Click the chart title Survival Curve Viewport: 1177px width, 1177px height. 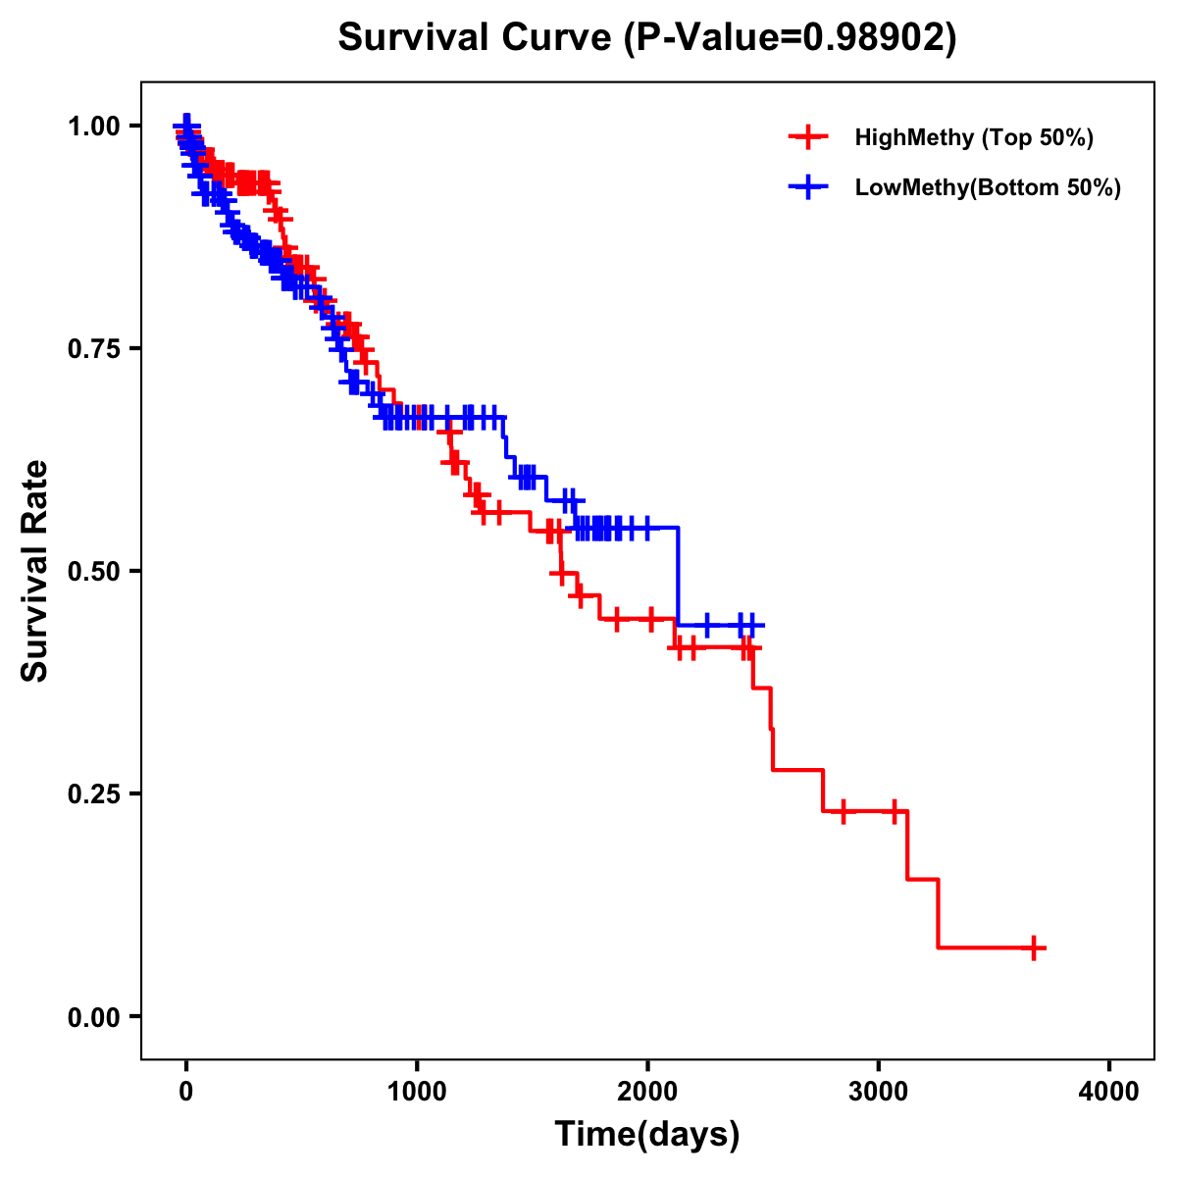point(476,37)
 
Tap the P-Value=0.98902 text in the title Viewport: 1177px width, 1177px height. point(792,37)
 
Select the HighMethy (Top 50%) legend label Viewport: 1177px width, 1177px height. point(973,137)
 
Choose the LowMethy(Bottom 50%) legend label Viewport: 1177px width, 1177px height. point(987,187)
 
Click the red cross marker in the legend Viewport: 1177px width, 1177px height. point(806,137)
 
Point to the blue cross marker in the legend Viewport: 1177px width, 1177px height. point(806,187)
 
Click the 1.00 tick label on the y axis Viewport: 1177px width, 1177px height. point(94,126)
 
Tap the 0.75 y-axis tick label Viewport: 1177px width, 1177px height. point(94,348)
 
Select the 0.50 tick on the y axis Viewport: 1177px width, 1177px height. point(94,571)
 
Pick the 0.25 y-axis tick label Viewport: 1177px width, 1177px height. point(94,793)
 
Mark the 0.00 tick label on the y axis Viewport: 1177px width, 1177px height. point(94,1016)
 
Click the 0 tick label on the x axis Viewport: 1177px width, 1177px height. point(186,1092)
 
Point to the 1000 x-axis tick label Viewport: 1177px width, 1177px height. point(417,1092)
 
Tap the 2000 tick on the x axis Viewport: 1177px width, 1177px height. point(647,1092)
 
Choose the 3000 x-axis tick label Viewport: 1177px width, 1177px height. point(878,1092)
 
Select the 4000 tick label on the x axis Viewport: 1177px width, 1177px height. point(1109,1092)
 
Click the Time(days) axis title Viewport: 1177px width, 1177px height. point(647,1135)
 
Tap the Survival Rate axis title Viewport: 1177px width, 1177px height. point(35,571)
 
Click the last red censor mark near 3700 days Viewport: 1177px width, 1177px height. point(1034,947)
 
